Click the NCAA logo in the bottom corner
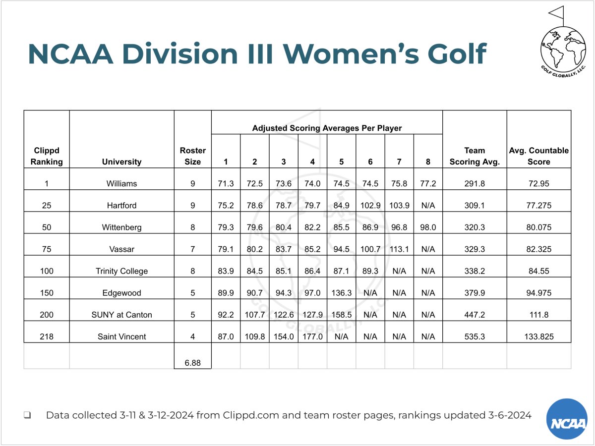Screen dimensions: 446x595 tap(566, 419)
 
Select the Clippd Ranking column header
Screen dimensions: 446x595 tap(47, 156)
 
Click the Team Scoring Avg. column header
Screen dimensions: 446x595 tap(475, 156)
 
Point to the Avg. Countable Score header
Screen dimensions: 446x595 tap(538, 156)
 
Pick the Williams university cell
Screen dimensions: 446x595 tap(121, 183)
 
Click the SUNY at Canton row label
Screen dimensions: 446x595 tap(121, 315)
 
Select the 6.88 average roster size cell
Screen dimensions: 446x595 tap(193, 363)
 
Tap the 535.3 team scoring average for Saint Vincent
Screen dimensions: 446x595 tap(475, 336)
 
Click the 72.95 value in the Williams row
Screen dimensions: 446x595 tap(538, 183)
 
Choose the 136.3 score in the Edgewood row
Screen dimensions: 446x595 tap(341, 293)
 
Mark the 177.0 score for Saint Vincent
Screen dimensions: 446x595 tap(312, 336)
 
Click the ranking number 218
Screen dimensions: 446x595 tap(47, 336)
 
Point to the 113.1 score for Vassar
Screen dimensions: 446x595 tap(399, 249)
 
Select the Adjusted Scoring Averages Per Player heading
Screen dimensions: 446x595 tap(327, 128)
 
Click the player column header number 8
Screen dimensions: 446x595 tap(428, 162)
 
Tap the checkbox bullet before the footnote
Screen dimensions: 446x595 tap(28, 415)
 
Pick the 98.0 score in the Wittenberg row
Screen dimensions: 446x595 tap(428, 227)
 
